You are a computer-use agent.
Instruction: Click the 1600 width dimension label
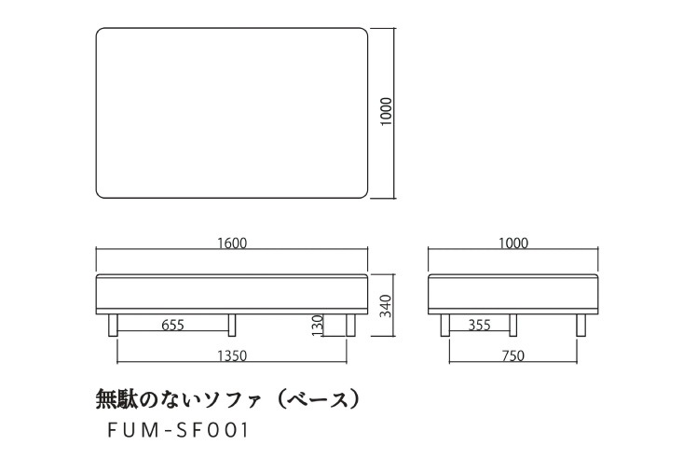pyautogui.click(x=232, y=243)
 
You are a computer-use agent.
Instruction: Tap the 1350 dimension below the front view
pyautogui.click(x=232, y=356)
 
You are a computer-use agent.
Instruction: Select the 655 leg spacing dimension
pyautogui.click(x=173, y=325)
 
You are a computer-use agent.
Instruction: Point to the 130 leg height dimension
pyautogui.click(x=318, y=326)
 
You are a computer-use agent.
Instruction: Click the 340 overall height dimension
pyautogui.click(x=386, y=306)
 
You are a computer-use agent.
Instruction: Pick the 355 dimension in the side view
pyautogui.click(x=480, y=325)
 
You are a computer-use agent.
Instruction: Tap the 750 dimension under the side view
pyautogui.click(x=513, y=356)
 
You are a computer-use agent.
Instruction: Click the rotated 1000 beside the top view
pyautogui.click(x=387, y=112)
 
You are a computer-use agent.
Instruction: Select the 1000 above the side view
pyautogui.click(x=513, y=243)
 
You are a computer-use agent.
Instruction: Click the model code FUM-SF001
pyautogui.click(x=178, y=430)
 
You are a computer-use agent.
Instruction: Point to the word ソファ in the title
pyautogui.click(x=232, y=399)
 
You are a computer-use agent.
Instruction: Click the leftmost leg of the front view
pyautogui.click(x=114, y=325)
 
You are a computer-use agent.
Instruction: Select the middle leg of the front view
pyautogui.click(x=232, y=325)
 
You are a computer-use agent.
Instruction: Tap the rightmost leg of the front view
pyautogui.click(x=350, y=325)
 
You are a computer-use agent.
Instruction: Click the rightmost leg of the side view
pyautogui.click(x=581, y=325)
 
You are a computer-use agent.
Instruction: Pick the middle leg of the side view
pyautogui.click(x=513, y=325)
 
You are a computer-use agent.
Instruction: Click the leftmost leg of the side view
pyautogui.click(x=444, y=325)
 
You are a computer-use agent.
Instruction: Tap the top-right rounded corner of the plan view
pyautogui.click(x=364, y=32)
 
